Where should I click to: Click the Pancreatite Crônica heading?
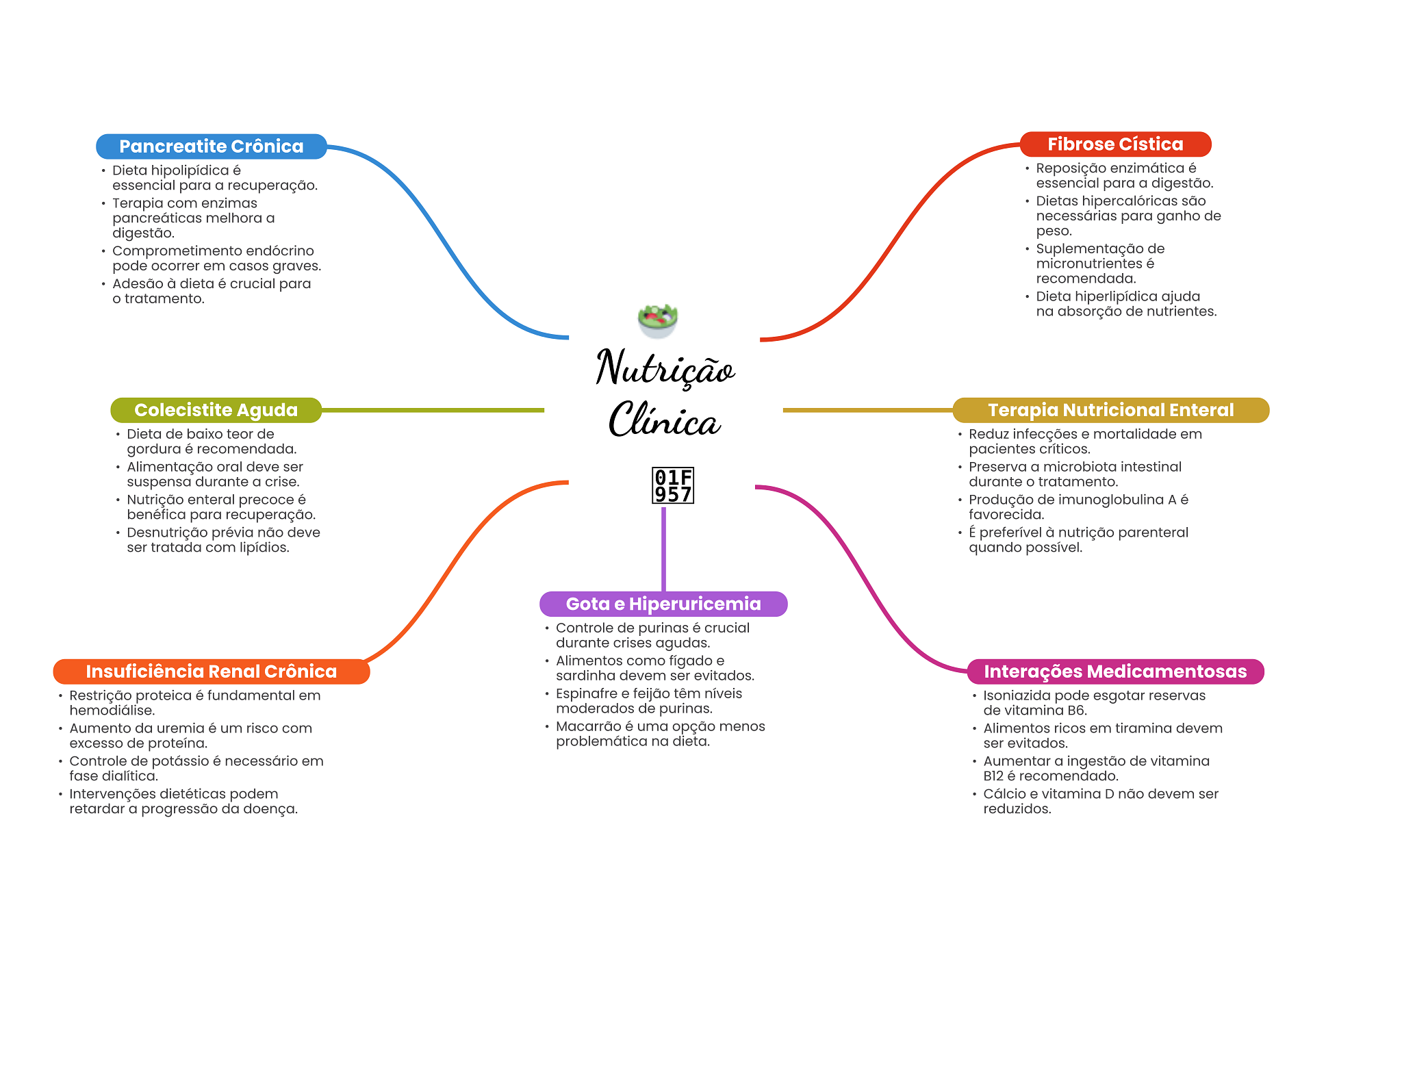(x=211, y=146)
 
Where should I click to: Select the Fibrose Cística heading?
(x=1114, y=144)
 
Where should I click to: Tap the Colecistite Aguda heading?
(x=216, y=410)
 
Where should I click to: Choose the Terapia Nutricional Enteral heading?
(x=1110, y=410)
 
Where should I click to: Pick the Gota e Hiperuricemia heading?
(x=663, y=604)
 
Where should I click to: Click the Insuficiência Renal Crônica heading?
(x=211, y=672)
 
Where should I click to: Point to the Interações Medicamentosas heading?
(x=1114, y=672)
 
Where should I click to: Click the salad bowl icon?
(x=657, y=320)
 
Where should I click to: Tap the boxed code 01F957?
(x=673, y=486)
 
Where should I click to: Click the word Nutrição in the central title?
(x=665, y=369)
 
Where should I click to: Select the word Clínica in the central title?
(x=664, y=420)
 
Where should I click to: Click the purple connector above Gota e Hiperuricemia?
(x=663, y=548)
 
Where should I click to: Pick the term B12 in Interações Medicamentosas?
(x=993, y=776)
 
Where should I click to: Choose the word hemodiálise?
(x=112, y=711)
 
